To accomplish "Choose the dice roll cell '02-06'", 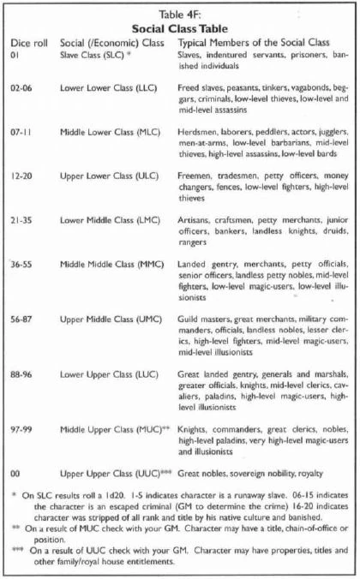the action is (x=23, y=88).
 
